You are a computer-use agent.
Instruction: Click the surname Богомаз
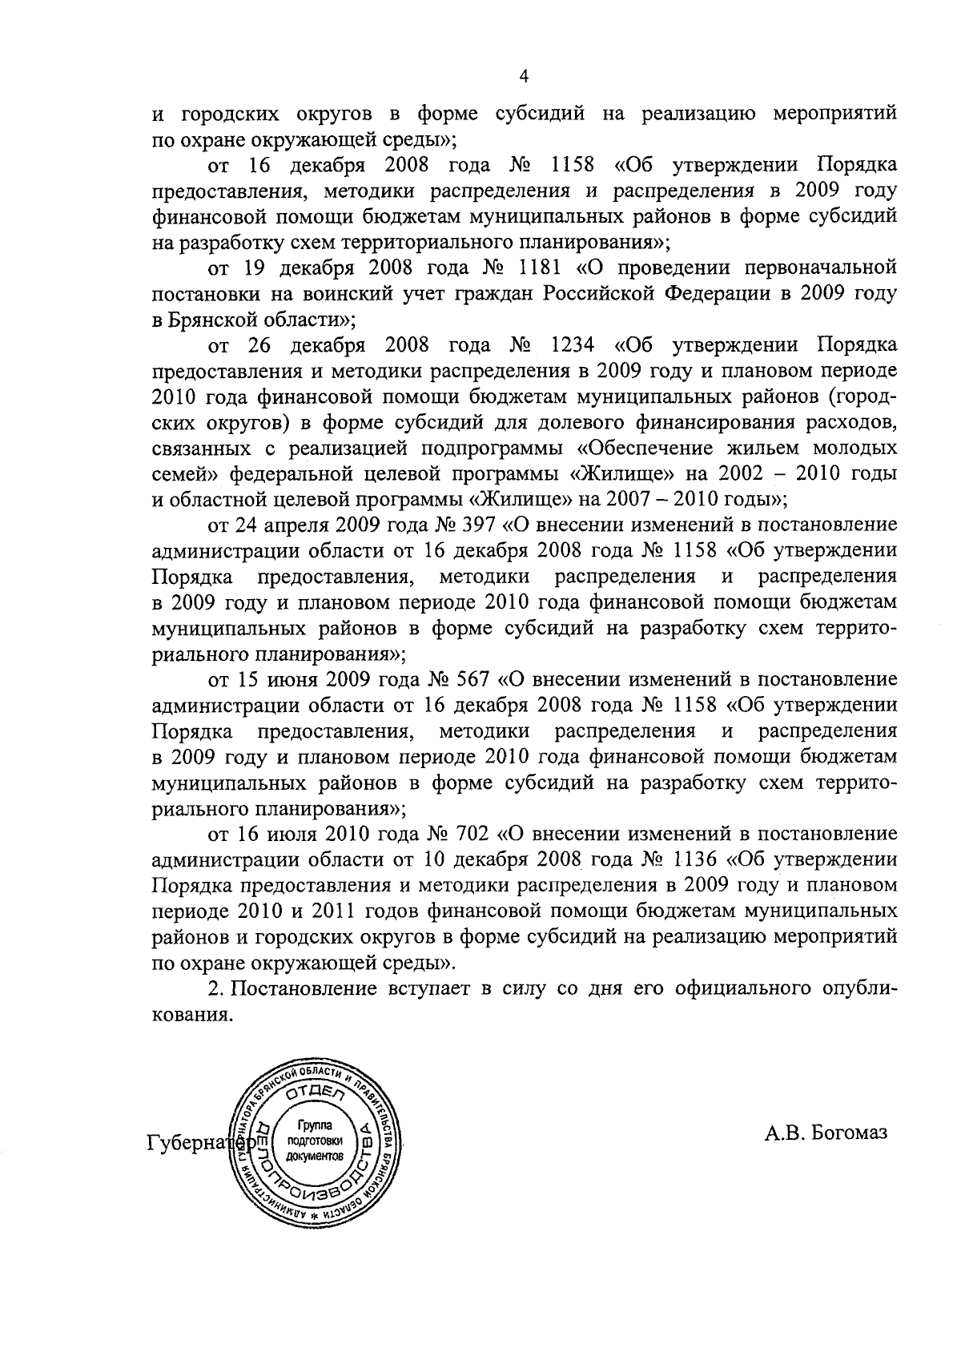pos(850,1133)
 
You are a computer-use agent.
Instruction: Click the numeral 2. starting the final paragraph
pos(215,989)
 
